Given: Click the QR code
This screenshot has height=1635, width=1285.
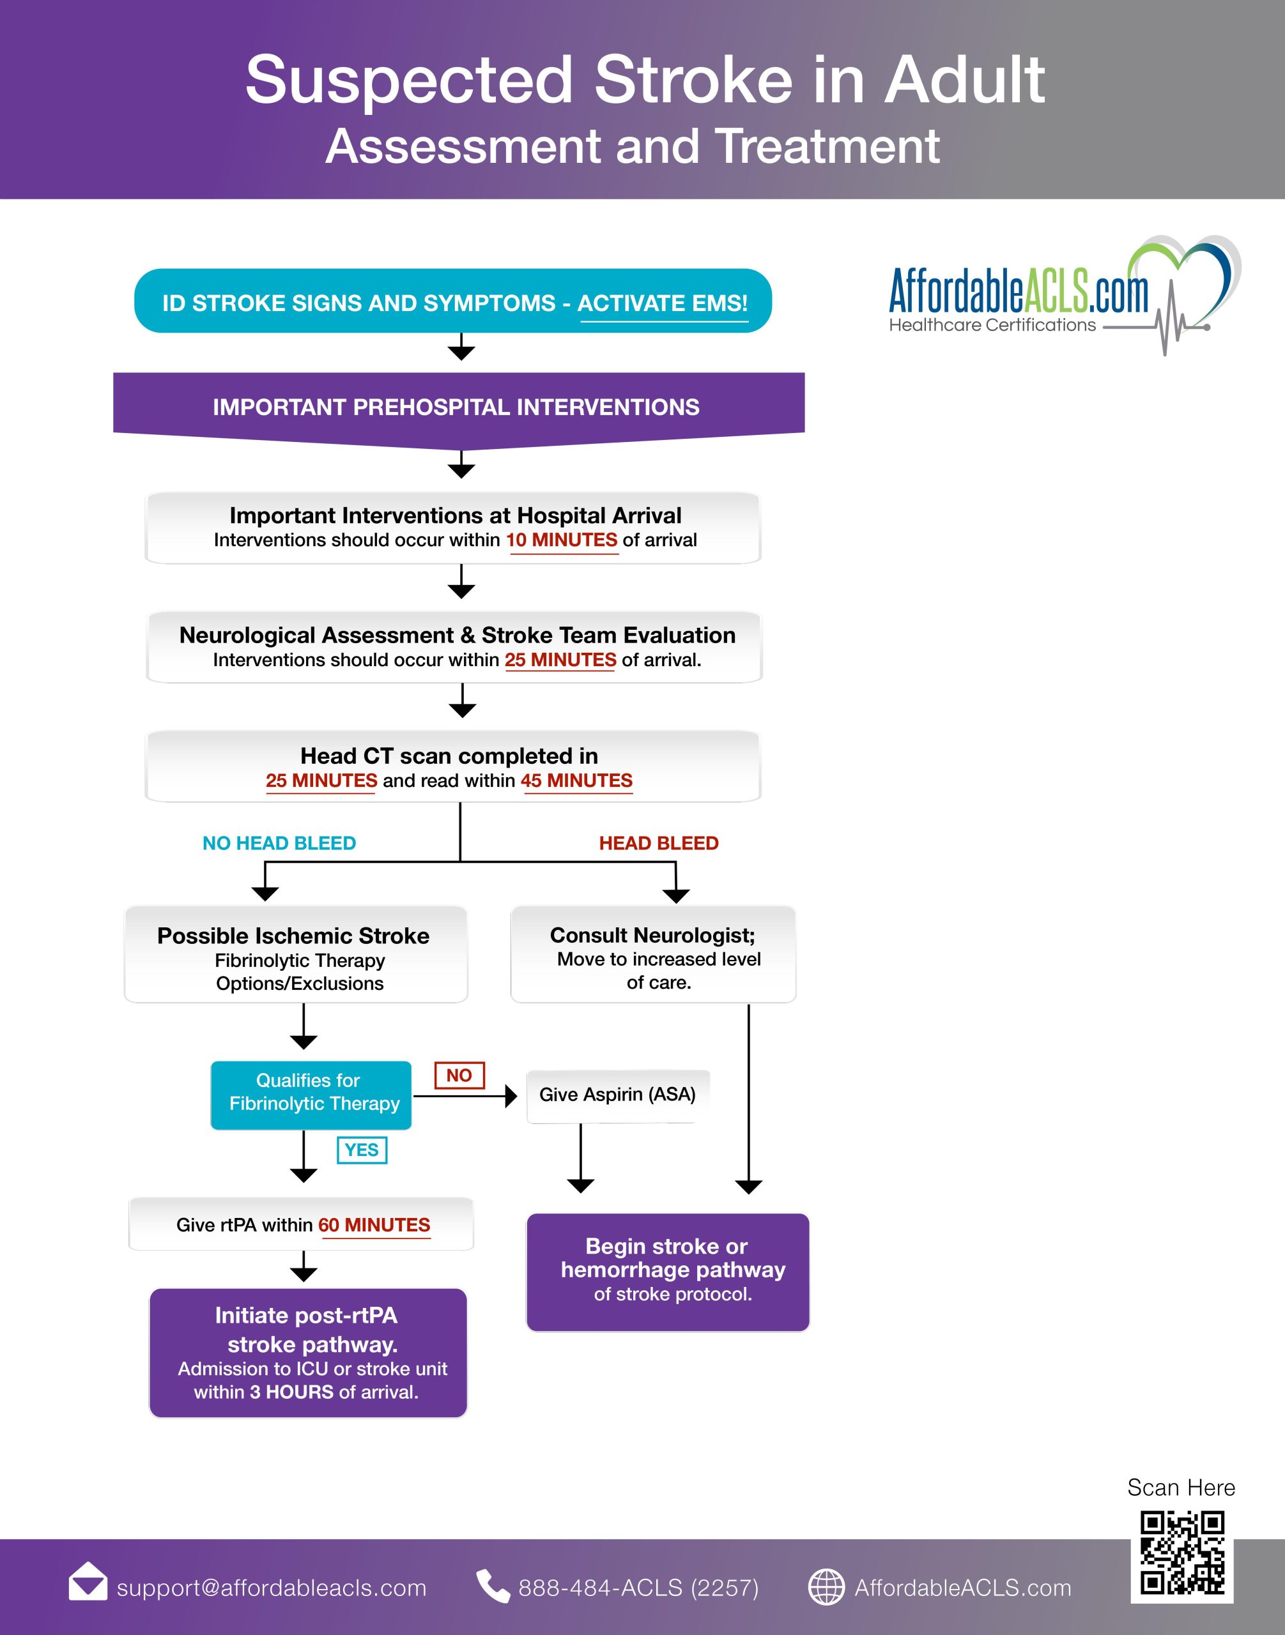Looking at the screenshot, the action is tap(1182, 1554).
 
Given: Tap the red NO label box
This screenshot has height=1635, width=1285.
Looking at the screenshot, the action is tap(459, 1075).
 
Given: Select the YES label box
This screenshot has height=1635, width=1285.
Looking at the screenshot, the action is tap(362, 1150).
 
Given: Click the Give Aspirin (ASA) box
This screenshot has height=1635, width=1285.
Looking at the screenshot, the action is tap(618, 1095).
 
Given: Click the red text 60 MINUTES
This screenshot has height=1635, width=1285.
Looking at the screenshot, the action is tap(374, 1225).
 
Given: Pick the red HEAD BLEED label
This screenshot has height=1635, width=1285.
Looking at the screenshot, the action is tap(658, 843).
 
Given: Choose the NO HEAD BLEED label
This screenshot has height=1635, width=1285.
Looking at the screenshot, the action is tap(279, 843).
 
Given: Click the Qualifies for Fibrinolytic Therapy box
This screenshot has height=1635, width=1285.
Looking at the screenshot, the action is tap(311, 1095).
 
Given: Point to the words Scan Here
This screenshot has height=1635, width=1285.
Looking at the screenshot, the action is tap(1181, 1487).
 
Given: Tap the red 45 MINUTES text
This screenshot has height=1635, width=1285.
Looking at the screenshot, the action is tap(576, 780).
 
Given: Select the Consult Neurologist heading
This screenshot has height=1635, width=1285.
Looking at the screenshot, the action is tap(652, 936).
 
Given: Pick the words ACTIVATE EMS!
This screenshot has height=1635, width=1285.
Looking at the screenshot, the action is tap(663, 303).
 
